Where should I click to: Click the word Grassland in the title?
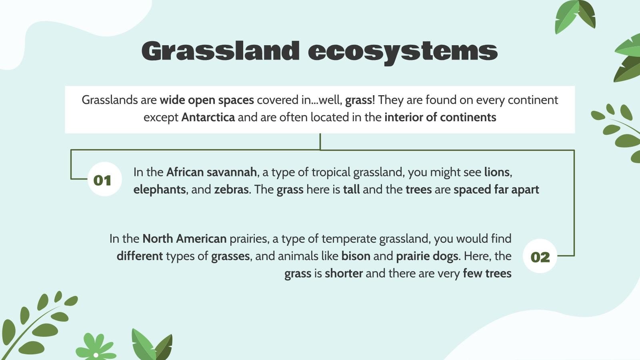click(x=220, y=51)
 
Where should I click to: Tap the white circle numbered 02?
click(x=540, y=256)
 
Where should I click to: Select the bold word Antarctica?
click(x=208, y=118)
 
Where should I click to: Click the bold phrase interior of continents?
click(x=440, y=118)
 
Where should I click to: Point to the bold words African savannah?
click(x=211, y=172)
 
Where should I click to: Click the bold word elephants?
click(x=159, y=190)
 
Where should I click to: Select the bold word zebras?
click(x=231, y=190)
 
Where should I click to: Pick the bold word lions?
click(x=497, y=172)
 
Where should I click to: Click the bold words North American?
click(x=184, y=239)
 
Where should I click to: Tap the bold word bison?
click(x=356, y=256)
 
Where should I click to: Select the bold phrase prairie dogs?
click(x=427, y=256)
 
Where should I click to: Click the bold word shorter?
click(x=344, y=274)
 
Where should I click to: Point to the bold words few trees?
click(x=487, y=274)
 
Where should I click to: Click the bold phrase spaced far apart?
click(x=496, y=190)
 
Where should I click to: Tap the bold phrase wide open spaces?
click(x=207, y=100)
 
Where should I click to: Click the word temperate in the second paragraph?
click(x=349, y=239)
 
